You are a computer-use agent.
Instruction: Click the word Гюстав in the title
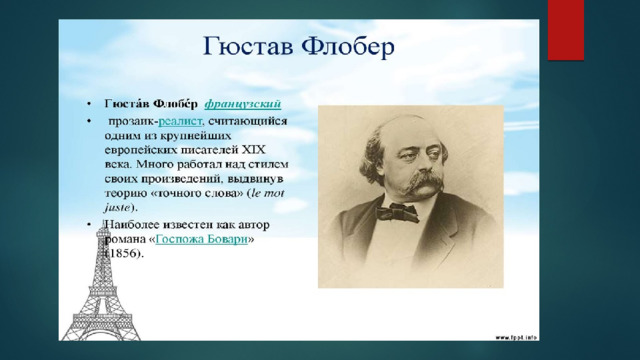coord(248,47)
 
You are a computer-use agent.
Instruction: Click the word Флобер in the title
coord(348,47)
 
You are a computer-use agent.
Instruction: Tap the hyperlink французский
coord(243,104)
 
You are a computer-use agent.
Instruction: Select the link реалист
coord(180,121)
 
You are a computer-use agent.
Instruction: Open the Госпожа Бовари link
coord(202,239)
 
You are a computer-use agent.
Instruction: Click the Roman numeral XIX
coord(254,150)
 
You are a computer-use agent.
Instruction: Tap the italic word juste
coord(118,207)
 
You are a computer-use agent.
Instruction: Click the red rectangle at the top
coord(566,30)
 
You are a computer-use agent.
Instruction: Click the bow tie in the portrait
coord(397,213)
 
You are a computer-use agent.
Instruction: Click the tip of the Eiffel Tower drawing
coord(103,223)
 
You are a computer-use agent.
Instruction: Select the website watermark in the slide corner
coord(516,338)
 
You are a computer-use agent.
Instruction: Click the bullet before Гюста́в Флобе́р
coord(89,104)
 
